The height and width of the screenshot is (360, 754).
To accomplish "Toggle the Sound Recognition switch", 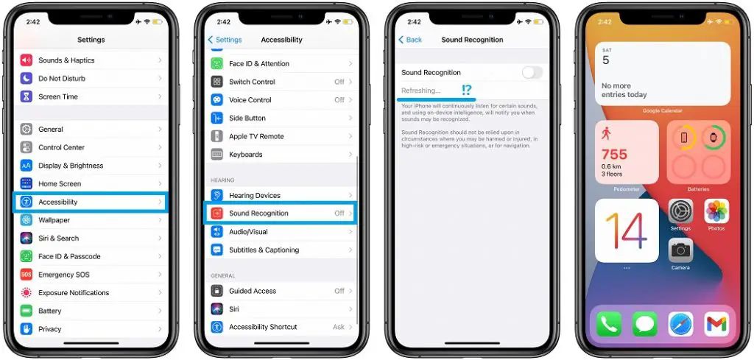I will pos(532,72).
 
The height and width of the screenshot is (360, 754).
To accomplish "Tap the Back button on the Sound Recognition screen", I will pos(410,40).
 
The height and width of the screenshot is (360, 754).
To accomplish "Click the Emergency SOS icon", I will pos(27,275).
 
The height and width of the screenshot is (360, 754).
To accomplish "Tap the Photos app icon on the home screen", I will pos(716,212).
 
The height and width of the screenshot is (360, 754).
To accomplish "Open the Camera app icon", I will pos(680,250).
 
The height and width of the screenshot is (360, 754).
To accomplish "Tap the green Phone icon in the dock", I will pos(609,324).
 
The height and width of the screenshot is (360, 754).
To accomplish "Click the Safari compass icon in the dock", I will pos(680,324).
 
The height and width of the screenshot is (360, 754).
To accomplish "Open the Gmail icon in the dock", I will pos(716,324).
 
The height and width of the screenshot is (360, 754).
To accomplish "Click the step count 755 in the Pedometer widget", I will pos(614,155).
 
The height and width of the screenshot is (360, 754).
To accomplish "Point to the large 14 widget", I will pos(627,230).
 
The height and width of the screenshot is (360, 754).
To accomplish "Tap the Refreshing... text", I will pos(421,91).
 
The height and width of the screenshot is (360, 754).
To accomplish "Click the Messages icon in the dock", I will pos(645,324).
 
